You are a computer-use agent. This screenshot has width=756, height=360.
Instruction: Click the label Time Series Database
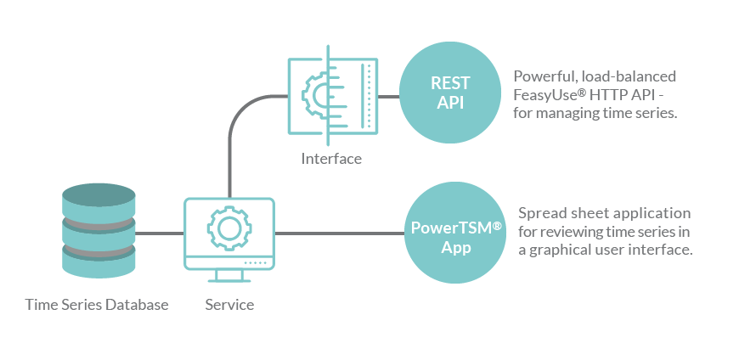(x=97, y=304)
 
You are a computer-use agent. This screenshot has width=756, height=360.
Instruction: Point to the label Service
(x=229, y=304)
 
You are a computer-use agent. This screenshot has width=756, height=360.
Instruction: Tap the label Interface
(x=331, y=159)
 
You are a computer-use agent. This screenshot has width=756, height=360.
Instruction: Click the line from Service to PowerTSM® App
(x=340, y=233)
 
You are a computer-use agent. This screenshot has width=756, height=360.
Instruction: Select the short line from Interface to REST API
(x=388, y=96)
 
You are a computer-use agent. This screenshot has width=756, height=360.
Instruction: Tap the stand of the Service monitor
(x=229, y=277)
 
